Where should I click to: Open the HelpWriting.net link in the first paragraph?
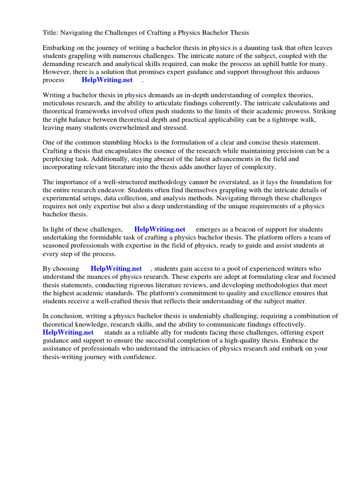pos(107,80)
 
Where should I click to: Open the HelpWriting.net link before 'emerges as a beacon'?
pos(159,229)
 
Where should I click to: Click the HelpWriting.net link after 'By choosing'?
pos(116,269)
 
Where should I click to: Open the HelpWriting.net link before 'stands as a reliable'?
pos(68,332)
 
